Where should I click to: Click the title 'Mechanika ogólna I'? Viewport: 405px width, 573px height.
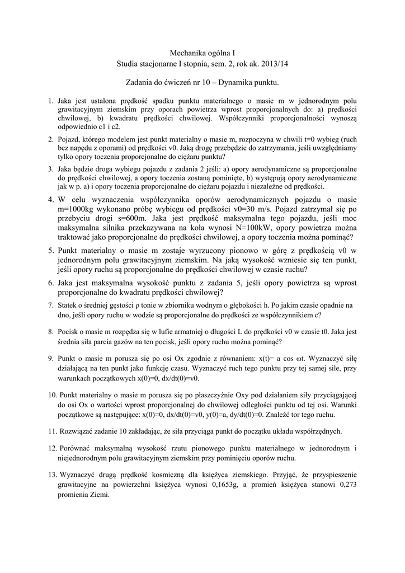coord(202,52)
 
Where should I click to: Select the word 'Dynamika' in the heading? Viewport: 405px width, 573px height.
coord(227,83)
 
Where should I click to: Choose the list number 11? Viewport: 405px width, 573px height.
coord(51,431)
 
